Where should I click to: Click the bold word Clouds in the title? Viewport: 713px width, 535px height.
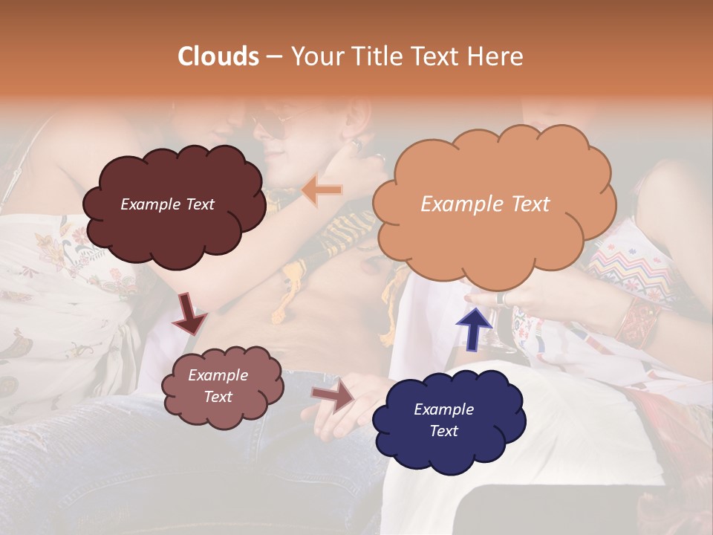(x=218, y=56)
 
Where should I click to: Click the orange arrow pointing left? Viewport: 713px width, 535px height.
(x=322, y=190)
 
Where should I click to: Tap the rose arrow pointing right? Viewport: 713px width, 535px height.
(x=332, y=396)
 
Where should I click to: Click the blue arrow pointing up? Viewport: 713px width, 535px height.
(x=473, y=328)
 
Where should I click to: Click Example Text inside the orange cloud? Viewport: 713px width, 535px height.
(x=485, y=204)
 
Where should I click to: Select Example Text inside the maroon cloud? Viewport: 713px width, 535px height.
(x=167, y=204)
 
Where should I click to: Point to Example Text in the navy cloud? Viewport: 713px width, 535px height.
(x=443, y=420)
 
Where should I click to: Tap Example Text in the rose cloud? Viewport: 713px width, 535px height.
(x=218, y=386)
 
